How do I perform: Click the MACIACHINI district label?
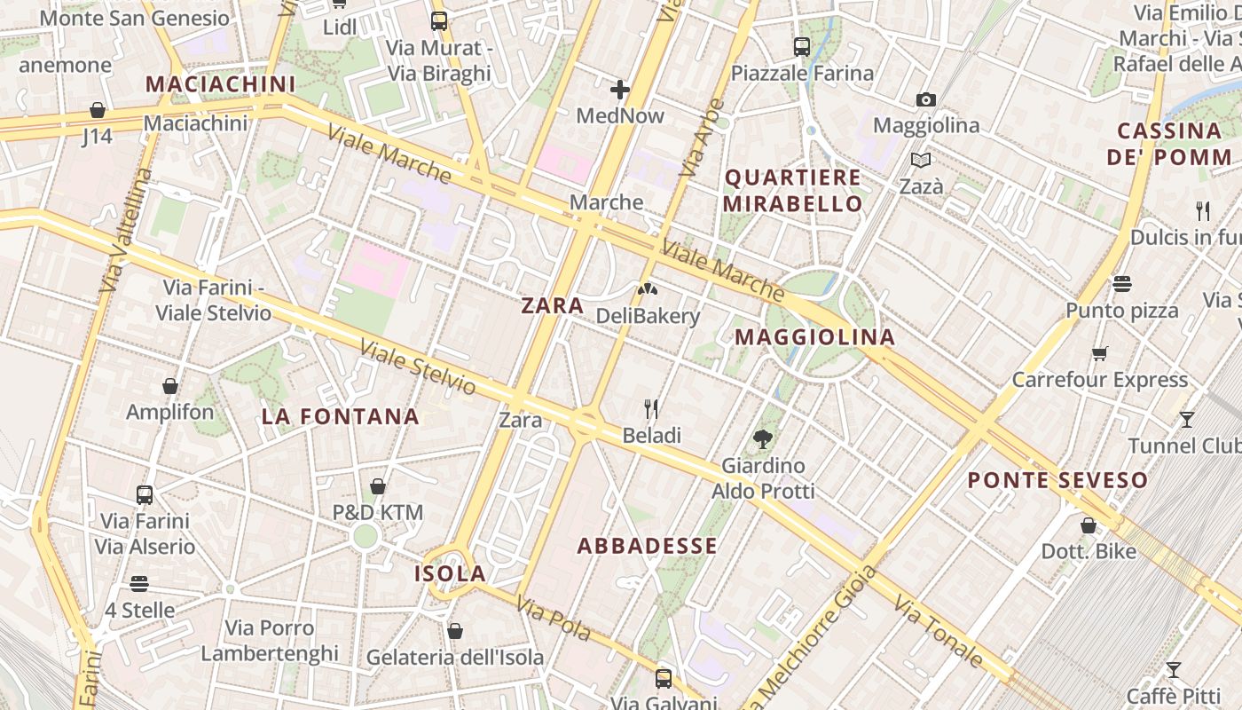point(220,84)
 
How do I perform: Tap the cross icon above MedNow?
point(620,90)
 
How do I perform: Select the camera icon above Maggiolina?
point(926,99)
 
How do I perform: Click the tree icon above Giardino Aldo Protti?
point(762,438)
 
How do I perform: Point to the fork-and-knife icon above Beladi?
point(651,408)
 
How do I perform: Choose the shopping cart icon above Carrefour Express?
point(1100,353)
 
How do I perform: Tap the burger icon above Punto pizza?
point(1122,284)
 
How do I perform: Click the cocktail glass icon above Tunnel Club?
point(1187,419)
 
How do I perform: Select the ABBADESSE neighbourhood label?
point(647,546)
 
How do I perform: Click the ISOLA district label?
point(450,574)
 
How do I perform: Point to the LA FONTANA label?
point(341,416)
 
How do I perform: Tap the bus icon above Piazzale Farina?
point(802,47)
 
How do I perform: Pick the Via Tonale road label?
point(939,632)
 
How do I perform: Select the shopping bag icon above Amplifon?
point(170,386)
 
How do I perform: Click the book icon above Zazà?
point(921,161)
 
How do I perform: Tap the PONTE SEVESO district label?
point(1057,481)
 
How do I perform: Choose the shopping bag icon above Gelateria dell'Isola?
point(455,631)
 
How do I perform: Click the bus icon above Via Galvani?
point(664,679)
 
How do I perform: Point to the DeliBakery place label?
point(648,316)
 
